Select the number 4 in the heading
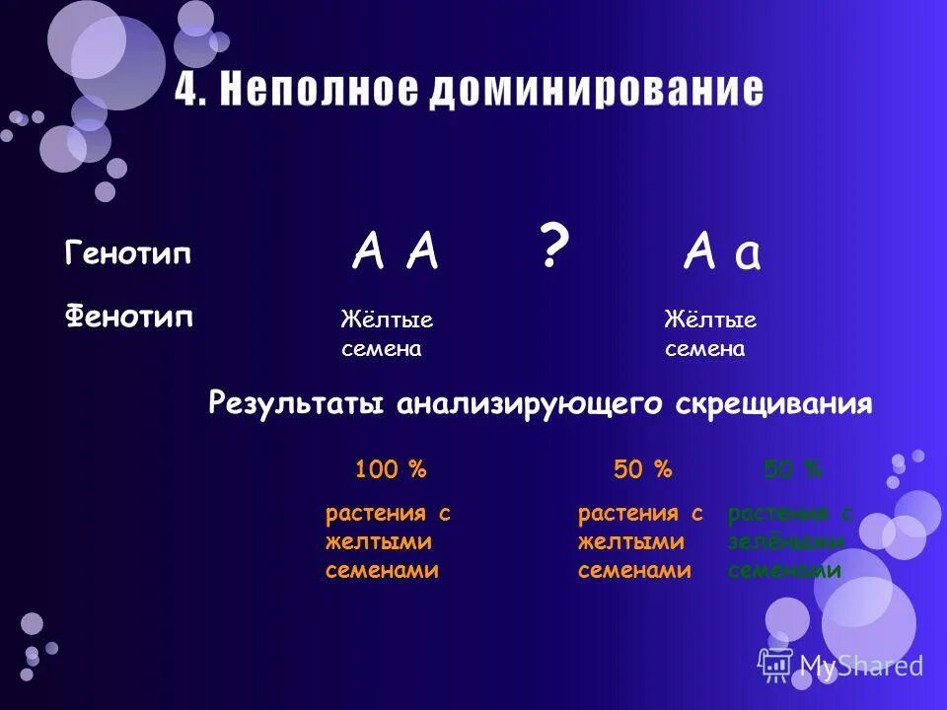tap(187, 91)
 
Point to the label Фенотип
tap(129, 318)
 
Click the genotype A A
tap(395, 254)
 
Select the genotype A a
tap(722, 254)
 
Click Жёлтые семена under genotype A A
tap(387, 334)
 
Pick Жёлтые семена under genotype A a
tap(710, 334)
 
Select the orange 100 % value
tap(391, 470)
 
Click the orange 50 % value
tap(642, 470)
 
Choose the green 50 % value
tap(792, 470)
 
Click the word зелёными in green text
tap(785, 541)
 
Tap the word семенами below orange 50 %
tap(634, 570)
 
